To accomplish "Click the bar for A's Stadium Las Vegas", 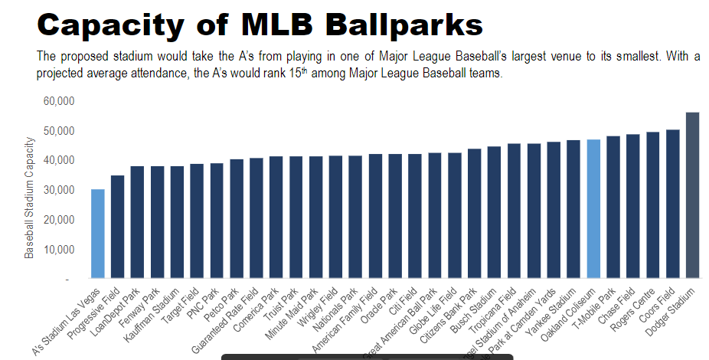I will pos(98,234).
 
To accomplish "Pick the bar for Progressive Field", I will pos(117,227).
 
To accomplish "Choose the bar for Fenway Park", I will pos(157,222).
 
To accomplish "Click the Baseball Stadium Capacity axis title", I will pos(30,197).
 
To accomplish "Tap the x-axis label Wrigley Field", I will pos(320,310).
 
